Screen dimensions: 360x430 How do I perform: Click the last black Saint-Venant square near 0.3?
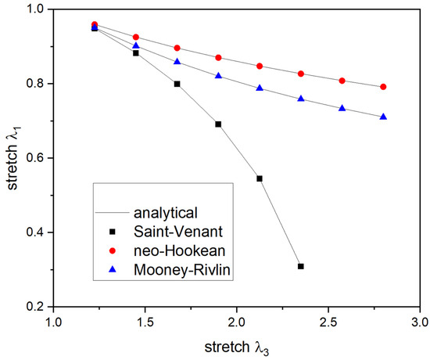(300, 267)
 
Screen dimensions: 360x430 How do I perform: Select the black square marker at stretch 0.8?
(177, 84)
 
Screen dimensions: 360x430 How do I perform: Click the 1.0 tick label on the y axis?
(37, 9)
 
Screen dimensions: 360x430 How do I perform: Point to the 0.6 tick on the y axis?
(37, 158)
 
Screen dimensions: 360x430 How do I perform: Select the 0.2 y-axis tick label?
(37, 307)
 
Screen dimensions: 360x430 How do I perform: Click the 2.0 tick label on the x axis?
(237, 322)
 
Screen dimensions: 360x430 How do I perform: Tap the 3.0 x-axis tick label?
(420, 322)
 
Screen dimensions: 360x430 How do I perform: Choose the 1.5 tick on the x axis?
(145, 322)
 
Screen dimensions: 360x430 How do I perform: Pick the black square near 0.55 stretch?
(260, 178)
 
